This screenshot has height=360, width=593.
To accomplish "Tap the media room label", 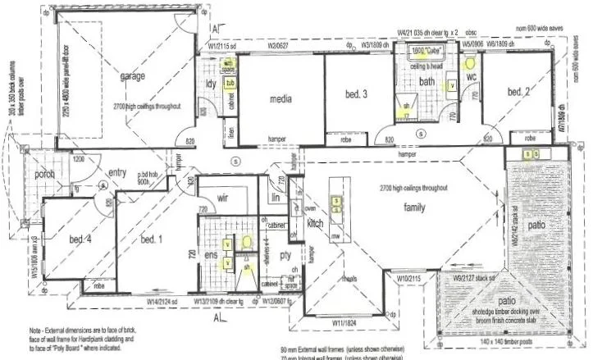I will point(281,98).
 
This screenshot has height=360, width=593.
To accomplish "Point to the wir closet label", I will point(221,198).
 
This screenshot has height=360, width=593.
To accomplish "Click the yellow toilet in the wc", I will point(471,62).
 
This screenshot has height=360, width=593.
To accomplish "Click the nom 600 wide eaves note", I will point(554,29).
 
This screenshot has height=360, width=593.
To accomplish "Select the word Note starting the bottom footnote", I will point(34,328).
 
